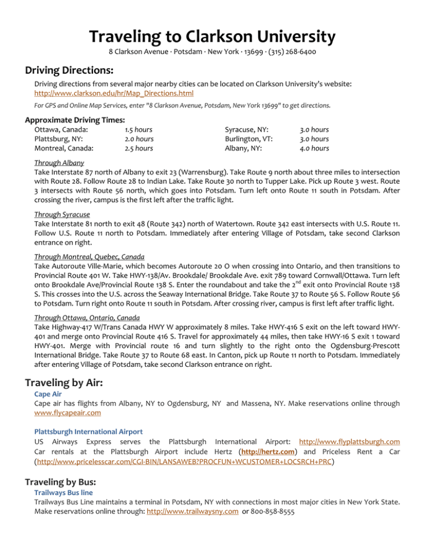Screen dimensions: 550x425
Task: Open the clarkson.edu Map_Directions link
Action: click(114, 94)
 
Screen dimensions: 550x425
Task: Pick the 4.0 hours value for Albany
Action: click(314, 148)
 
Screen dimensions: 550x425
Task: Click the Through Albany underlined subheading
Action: click(59, 163)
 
